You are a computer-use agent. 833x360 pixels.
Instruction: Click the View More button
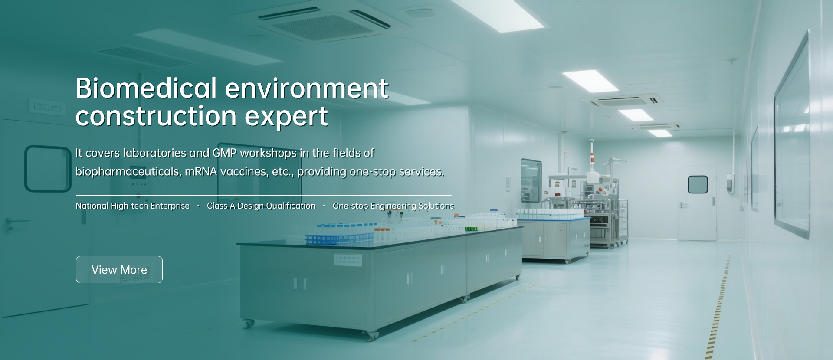pos(119,269)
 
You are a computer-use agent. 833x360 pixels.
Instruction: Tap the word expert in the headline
pos(286,116)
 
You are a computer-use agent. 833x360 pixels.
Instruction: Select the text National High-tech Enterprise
pos(133,206)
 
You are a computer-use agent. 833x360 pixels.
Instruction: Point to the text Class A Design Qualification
pos(261,206)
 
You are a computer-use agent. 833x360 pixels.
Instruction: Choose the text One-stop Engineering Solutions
pos(394,206)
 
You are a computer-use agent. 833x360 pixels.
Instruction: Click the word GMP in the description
pos(225,153)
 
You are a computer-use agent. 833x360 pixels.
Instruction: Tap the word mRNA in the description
pos(201,172)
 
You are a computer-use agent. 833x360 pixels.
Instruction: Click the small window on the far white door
pos(698,185)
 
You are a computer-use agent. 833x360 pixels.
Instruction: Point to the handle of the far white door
pos(684,204)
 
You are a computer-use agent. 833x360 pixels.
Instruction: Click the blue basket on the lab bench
pos(339,238)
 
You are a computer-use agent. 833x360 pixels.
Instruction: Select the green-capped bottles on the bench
pos(471,228)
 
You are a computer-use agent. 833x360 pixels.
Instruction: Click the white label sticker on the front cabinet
pos(348,260)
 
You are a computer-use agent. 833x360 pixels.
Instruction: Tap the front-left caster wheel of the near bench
pos(249,324)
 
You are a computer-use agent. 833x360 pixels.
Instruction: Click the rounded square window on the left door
pos(48,168)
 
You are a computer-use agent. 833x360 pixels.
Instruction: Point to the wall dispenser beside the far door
pos(730,183)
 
